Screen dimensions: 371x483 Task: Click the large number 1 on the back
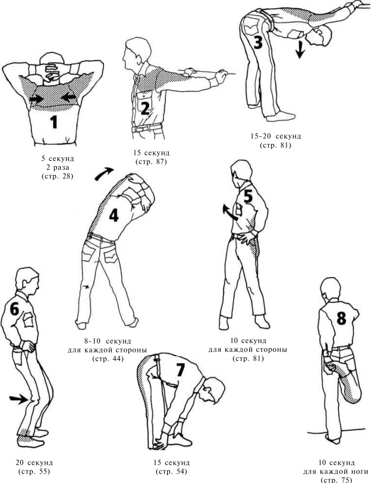(54, 122)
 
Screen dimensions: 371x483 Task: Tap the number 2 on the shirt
(145, 108)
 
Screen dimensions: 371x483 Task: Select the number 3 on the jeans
(258, 42)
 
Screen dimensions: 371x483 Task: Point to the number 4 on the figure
(114, 216)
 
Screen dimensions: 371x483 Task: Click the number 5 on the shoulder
(248, 196)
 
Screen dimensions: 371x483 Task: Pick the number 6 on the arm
(14, 309)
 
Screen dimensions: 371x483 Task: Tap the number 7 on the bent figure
(180, 370)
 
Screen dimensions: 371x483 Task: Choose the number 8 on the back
(341, 318)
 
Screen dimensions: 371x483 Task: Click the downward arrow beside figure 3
(300, 49)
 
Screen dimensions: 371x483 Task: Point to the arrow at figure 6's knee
(18, 400)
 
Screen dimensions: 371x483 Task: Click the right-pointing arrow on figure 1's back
(37, 99)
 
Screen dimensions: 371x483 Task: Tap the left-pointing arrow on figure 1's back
(68, 98)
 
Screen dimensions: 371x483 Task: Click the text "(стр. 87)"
(151, 162)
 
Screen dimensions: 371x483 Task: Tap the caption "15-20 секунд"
(276, 136)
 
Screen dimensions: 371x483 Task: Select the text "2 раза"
(58, 168)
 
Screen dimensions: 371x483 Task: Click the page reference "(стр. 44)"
(108, 359)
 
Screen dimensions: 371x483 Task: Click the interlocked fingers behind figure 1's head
(51, 72)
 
